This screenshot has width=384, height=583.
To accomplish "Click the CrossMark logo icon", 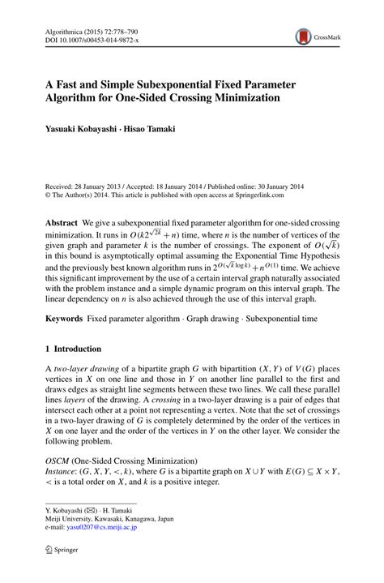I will [x=303, y=36].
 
